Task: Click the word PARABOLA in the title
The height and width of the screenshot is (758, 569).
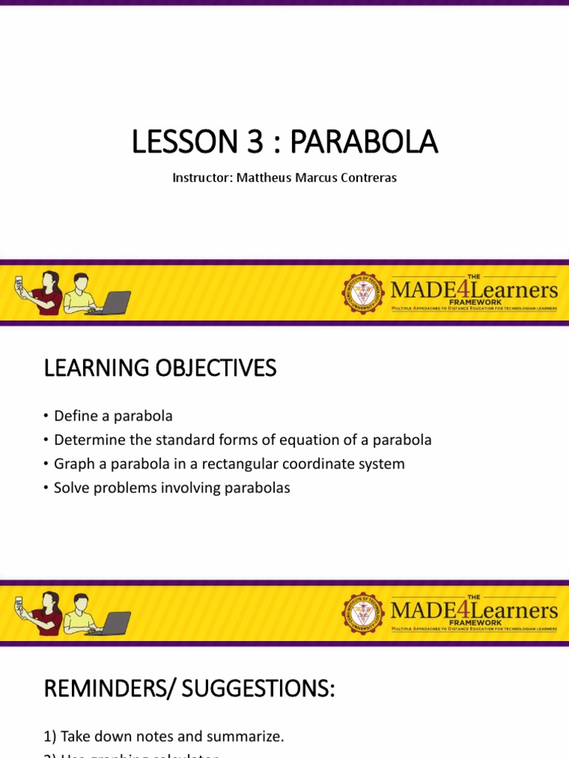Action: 363,142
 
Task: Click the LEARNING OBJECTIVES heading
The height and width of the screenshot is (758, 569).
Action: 160,368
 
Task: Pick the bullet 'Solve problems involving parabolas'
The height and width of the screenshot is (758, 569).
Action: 172,488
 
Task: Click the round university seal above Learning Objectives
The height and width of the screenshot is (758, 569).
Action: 363,292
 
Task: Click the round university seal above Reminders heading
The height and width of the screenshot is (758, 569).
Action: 363,613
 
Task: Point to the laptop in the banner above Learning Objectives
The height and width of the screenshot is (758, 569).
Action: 113,303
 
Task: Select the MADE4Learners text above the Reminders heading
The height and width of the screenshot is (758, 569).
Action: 473,611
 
